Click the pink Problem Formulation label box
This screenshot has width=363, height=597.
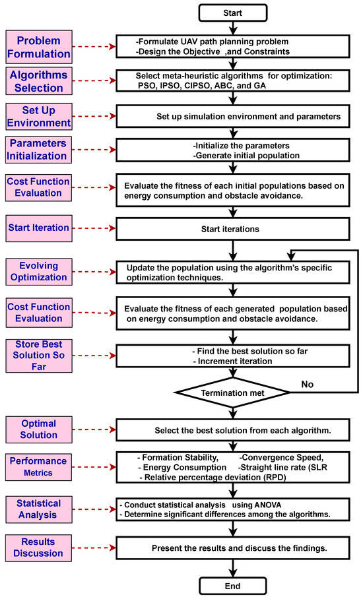(37, 47)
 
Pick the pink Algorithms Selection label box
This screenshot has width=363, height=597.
(37, 81)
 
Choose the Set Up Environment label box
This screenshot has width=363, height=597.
(37, 117)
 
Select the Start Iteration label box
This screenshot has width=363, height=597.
(38, 228)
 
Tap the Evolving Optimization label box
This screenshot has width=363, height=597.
(37, 271)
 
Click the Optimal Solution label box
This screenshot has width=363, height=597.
(38, 430)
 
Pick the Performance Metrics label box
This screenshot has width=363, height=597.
(37, 466)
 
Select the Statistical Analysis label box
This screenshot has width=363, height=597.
(37, 509)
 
